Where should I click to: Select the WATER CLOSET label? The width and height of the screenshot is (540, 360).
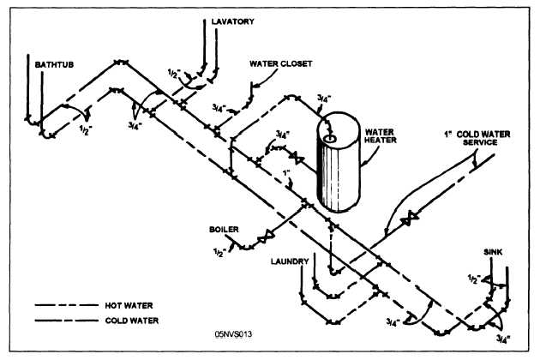click(x=280, y=63)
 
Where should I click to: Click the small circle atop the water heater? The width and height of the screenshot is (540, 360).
click(x=331, y=135)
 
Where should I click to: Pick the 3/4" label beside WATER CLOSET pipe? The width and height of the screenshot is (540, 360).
click(x=220, y=108)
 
